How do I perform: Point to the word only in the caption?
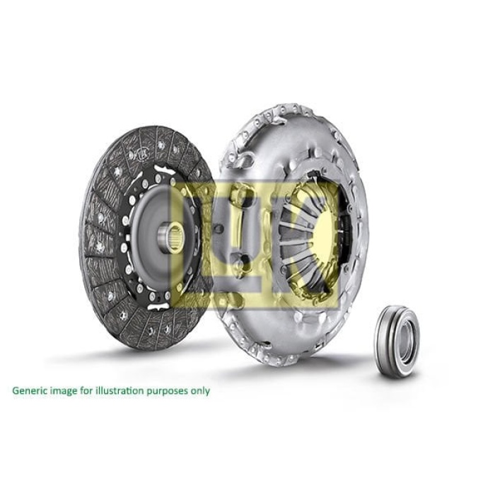click(x=199, y=390)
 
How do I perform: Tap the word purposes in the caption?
click(x=160, y=390)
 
